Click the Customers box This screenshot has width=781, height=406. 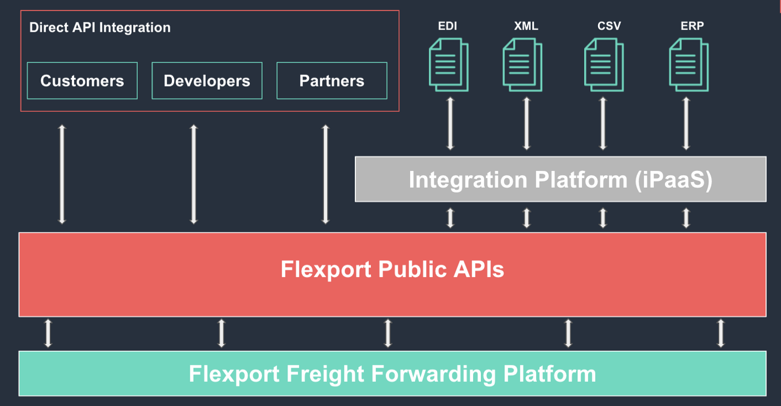point(82,80)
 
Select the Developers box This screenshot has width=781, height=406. point(207,80)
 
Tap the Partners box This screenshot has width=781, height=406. point(332,80)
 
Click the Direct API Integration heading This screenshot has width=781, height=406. point(100,27)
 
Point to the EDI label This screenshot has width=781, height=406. point(448,26)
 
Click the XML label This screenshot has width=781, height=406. point(526,26)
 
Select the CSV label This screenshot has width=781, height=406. point(609,26)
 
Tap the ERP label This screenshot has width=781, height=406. point(692,26)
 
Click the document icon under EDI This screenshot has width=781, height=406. point(448,64)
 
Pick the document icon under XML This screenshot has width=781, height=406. point(522,64)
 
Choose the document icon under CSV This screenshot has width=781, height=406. point(604,64)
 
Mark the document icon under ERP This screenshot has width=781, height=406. point(688,64)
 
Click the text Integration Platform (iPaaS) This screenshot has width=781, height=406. point(560,179)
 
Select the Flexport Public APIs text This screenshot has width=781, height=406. point(392,270)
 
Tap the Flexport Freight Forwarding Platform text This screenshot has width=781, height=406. point(392,374)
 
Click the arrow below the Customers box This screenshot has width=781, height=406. point(62,174)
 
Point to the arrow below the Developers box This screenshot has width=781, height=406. point(194,174)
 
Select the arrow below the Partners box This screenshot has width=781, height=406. point(326,174)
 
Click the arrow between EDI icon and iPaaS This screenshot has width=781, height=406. point(451,123)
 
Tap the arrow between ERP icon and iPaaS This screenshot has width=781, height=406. point(686,123)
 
